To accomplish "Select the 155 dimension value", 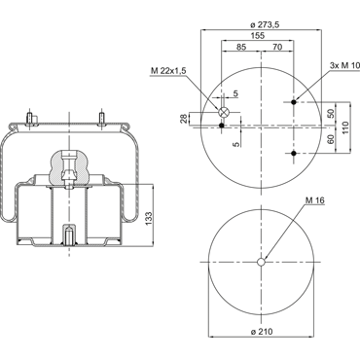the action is (x=258, y=36).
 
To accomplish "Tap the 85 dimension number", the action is (x=241, y=47).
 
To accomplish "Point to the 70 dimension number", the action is (x=277, y=47).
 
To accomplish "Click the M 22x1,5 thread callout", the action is (x=168, y=71).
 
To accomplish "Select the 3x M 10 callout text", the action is (x=344, y=65).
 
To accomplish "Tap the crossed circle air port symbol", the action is (x=224, y=112).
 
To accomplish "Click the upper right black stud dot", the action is (x=294, y=102).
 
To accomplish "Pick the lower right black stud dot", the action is (x=294, y=153).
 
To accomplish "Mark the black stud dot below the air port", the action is (x=222, y=126).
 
